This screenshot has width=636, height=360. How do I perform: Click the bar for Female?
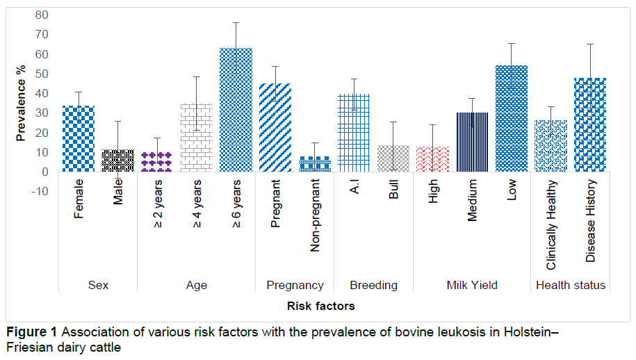79,139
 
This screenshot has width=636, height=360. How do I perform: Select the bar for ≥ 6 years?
236,110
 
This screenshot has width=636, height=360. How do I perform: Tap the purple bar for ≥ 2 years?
157,162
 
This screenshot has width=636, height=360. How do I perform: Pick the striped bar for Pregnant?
275,128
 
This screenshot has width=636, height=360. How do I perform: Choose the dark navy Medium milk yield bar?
472,142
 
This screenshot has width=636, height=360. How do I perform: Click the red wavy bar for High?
433,159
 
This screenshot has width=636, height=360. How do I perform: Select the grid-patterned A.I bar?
354,133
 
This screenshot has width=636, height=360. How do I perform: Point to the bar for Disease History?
590,125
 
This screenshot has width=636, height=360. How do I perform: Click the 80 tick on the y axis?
42,15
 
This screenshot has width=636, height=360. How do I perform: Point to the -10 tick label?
40,191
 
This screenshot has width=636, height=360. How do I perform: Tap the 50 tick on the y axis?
42,74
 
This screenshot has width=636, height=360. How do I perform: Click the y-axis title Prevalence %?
21,103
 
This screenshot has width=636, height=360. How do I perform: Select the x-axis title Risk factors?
321,306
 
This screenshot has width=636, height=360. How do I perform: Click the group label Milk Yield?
472,286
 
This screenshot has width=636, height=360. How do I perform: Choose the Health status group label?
571,286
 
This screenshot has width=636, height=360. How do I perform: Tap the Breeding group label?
373,286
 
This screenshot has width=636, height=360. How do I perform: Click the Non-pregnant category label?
315,215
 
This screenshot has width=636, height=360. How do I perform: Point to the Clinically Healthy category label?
551,225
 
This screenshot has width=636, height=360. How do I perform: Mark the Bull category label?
393,189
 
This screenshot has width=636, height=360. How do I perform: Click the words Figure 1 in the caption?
32,332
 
